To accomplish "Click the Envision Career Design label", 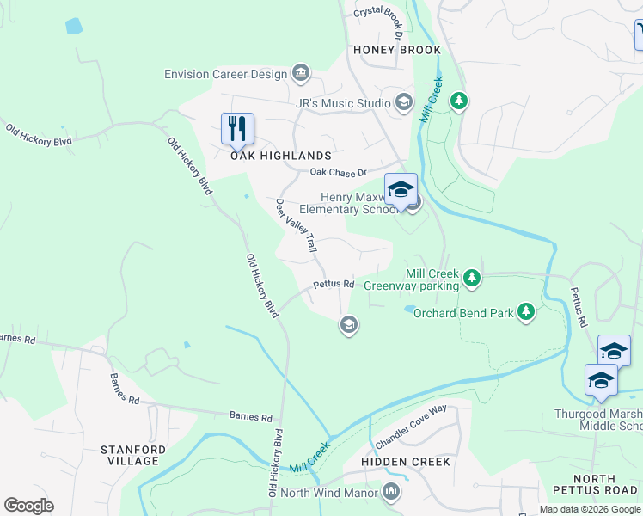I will [225, 74].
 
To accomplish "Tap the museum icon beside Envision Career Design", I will [301, 72].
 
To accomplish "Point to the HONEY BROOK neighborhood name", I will [397, 50].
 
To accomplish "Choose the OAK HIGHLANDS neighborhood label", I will [280, 156].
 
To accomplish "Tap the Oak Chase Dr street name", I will [338, 172].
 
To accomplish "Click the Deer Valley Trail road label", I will [296, 226].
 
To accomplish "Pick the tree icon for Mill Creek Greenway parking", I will [471, 277].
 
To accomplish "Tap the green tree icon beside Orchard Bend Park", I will [525, 311].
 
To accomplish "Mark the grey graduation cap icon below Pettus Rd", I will [348, 324].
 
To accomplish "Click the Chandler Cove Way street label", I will [411, 427].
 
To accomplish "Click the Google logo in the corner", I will [28, 505].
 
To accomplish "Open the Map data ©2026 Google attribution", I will [590, 509].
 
